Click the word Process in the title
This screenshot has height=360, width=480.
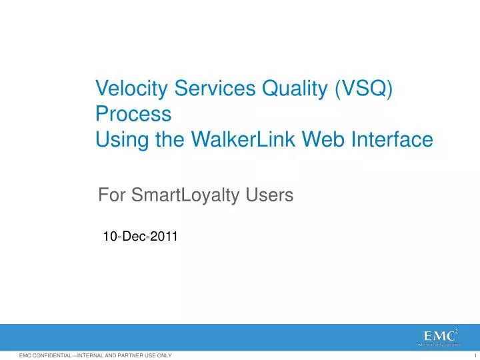[133, 114]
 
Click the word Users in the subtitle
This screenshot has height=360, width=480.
[270, 195]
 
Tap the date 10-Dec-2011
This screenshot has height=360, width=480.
[140, 235]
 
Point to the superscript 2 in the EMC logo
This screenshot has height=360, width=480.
[456, 331]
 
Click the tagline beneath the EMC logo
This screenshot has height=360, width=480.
[439, 345]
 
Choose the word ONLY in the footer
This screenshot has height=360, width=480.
[164, 356]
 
